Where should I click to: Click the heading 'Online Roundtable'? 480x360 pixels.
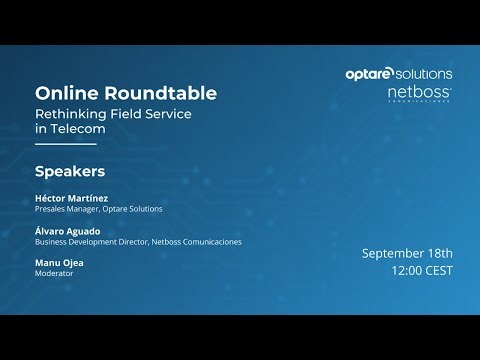[126, 93]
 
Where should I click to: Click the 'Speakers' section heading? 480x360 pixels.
[70, 170]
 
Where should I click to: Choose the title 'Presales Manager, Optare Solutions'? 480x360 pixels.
[98, 209]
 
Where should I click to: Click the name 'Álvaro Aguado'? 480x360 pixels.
[69, 230]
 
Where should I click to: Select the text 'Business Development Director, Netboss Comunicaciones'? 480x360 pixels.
[138, 241]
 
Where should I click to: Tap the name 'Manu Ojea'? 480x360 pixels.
[59, 262]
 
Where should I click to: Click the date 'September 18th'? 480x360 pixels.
[407, 252]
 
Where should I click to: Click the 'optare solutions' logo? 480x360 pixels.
[398, 74]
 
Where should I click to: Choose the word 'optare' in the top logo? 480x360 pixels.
[368, 74]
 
